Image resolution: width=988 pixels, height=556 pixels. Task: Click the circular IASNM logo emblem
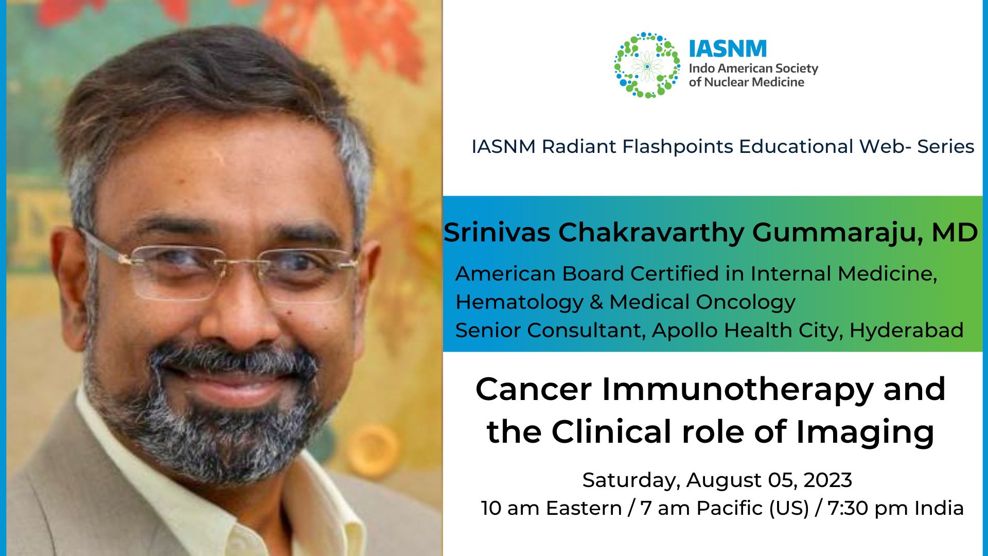647,65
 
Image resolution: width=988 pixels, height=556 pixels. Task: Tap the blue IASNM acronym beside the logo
728,49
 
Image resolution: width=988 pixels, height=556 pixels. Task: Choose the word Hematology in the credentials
519,302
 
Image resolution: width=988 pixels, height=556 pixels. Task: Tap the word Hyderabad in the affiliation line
906,331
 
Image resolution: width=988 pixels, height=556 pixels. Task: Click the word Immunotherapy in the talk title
738,389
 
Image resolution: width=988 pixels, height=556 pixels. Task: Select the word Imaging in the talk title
864,432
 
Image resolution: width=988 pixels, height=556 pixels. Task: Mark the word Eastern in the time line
584,509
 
